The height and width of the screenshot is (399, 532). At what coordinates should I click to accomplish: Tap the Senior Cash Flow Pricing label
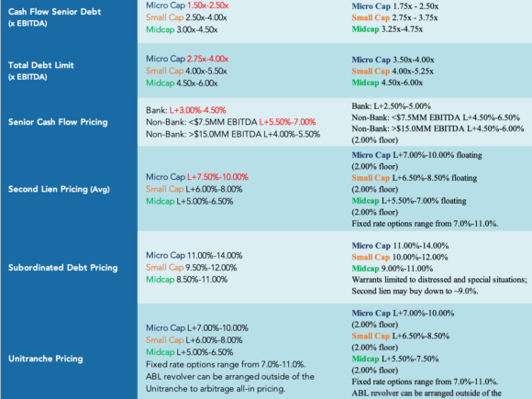point(58,122)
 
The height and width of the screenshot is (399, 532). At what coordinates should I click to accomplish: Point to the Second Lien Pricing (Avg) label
point(59,189)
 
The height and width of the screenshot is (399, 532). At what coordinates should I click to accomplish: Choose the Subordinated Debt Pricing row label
point(63,268)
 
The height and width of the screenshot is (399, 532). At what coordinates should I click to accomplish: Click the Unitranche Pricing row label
point(46,359)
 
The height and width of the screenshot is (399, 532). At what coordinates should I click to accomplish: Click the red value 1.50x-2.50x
point(207,6)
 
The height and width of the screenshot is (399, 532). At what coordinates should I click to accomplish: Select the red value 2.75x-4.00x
point(207,59)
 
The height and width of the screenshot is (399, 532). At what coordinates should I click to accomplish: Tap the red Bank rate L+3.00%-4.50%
point(198,110)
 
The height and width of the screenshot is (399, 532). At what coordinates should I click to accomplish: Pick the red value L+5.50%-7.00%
point(287,122)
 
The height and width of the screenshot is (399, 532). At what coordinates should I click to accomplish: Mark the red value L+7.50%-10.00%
point(217,177)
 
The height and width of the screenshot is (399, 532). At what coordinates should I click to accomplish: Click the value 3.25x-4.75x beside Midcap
point(402,29)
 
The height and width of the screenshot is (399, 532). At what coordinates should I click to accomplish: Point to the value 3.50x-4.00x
point(414,60)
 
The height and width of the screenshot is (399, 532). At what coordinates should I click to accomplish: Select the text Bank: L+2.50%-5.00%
point(391,106)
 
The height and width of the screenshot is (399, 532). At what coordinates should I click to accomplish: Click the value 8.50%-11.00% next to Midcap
point(202,280)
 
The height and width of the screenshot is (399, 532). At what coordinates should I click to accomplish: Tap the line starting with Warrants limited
point(439,280)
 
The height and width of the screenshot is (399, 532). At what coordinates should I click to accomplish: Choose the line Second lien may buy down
point(415,291)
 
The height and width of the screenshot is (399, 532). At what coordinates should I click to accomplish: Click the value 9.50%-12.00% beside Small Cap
point(211,268)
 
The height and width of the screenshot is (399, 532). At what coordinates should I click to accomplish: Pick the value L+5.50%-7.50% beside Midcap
point(410,359)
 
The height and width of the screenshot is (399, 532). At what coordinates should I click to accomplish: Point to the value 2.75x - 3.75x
point(415,17)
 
